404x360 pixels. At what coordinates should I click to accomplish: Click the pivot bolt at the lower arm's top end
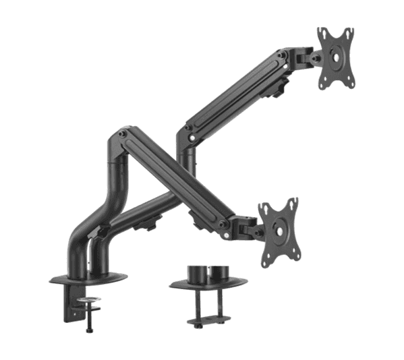tap(123, 134)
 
